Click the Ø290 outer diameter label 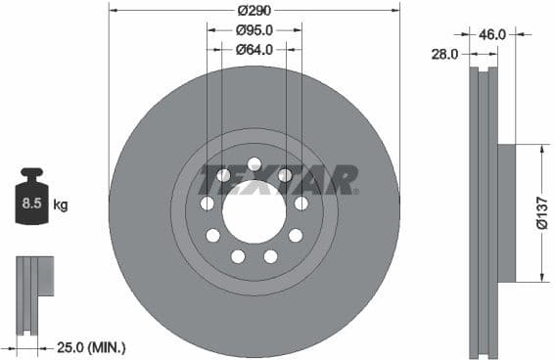click(x=254, y=11)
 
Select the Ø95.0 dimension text click(x=254, y=29)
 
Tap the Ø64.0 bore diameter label click(x=254, y=49)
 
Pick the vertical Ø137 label click(x=541, y=212)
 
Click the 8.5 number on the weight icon click(x=29, y=204)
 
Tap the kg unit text click(x=61, y=205)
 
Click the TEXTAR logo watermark click(x=279, y=180)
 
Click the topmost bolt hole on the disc click(x=254, y=163)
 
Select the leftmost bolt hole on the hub click(x=207, y=203)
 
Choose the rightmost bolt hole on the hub click(x=301, y=203)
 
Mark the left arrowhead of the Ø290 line click(x=114, y=11)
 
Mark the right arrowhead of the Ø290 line click(x=394, y=11)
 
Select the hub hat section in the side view click(x=506, y=212)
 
